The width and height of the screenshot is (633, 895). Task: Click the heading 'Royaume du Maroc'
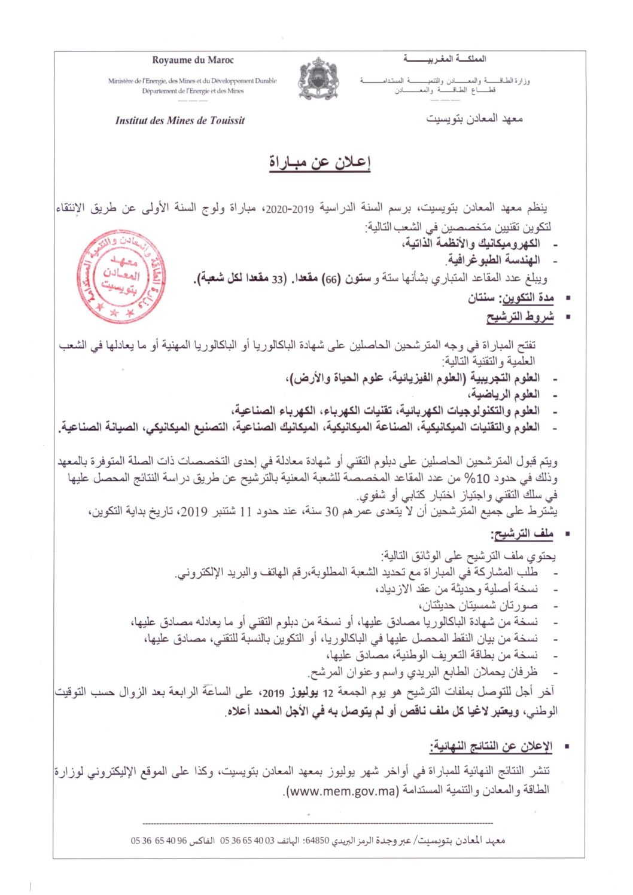193,60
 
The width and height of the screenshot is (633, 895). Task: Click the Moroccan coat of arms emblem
318,78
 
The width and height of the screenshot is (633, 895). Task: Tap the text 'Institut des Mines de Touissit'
180,121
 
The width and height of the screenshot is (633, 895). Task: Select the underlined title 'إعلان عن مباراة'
319,162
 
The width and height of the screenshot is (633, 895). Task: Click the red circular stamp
121,276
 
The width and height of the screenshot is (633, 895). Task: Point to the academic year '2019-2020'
285,209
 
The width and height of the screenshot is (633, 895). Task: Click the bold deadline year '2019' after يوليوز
273,693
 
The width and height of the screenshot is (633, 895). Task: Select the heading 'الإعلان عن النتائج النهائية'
491,746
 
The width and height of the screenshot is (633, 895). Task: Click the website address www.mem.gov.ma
342,791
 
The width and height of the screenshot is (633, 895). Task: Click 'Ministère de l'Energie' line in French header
193,81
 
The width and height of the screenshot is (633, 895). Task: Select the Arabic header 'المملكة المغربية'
445,59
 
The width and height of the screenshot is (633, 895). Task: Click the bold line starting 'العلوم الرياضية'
506,394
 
